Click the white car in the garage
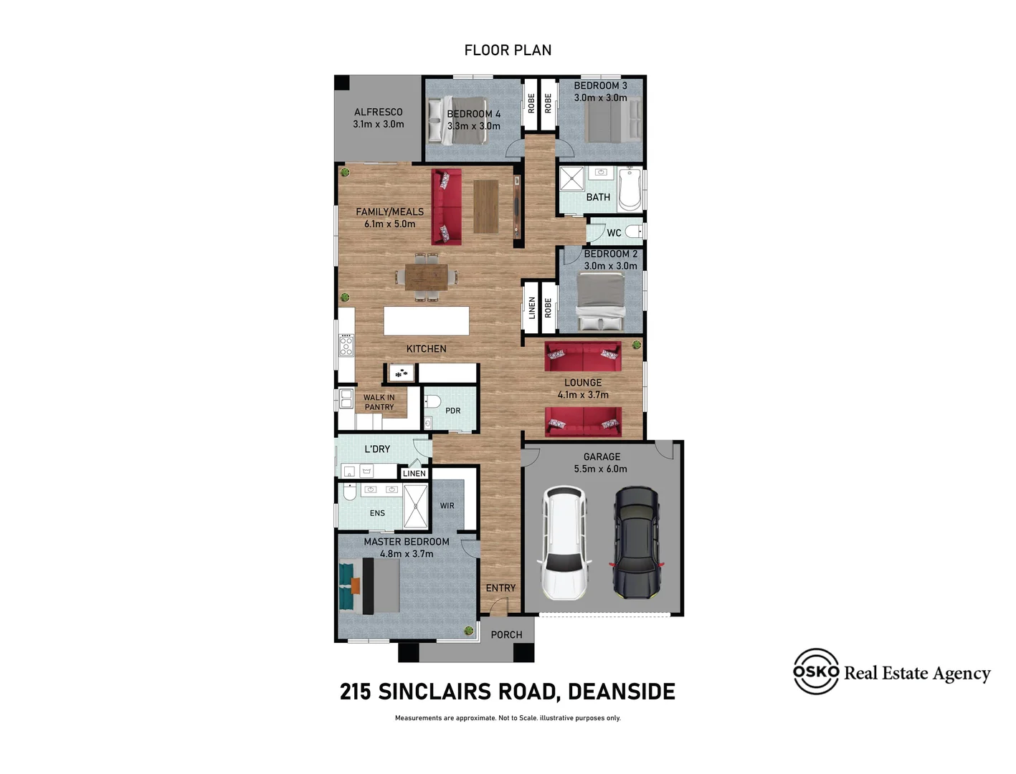pos(565,543)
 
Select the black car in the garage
pos(636,543)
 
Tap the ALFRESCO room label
pos(378,112)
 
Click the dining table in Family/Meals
pos(426,277)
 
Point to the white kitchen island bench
pos(426,321)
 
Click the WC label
pos(614,233)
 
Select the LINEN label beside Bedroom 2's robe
pos(532,308)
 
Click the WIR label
pos(447,506)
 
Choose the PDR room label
pos(452,411)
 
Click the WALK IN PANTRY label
pos(379,402)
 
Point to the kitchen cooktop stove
pos(346,345)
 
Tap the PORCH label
pos(506,635)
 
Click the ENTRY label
pos(500,588)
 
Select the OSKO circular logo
pos(816,672)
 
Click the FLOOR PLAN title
pos(508,50)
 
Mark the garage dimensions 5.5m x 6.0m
pos(600,469)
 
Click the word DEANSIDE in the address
pos(621,692)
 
